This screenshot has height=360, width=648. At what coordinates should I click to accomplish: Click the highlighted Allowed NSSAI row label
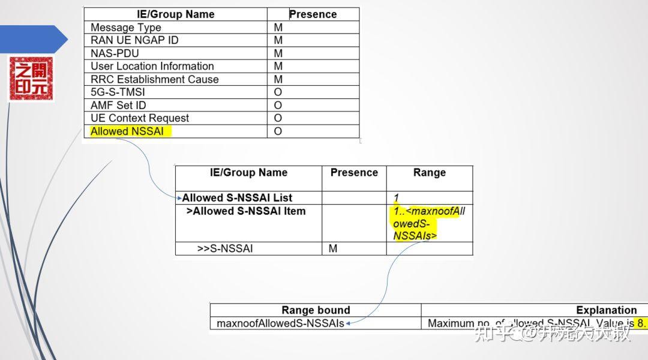(x=127, y=131)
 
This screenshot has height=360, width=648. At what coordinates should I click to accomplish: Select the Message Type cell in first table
(x=125, y=28)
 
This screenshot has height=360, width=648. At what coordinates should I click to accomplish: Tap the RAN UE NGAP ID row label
(x=134, y=40)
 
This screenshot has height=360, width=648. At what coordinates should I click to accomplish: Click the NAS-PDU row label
(x=115, y=53)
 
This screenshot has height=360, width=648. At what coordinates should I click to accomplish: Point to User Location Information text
(x=152, y=66)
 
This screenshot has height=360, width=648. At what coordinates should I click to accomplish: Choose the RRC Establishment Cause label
(x=154, y=79)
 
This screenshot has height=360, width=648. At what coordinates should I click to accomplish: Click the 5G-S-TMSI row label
(x=118, y=92)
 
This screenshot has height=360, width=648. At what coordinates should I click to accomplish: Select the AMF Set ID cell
(x=118, y=106)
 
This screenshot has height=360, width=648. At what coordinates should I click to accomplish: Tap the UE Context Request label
(x=139, y=118)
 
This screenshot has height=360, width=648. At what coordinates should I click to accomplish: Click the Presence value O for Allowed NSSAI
(x=278, y=131)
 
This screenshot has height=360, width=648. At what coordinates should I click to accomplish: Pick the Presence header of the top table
(x=313, y=14)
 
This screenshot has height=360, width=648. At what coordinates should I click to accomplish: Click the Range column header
(x=429, y=173)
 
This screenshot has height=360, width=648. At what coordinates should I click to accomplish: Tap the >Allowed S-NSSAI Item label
(x=245, y=211)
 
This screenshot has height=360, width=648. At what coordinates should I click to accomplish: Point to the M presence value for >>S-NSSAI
(x=333, y=248)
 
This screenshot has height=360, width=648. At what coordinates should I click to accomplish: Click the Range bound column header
(x=315, y=310)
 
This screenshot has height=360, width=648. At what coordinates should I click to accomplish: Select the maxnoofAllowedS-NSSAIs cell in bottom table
(x=280, y=323)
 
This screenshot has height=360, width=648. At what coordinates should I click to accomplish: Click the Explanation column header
(x=606, y=310)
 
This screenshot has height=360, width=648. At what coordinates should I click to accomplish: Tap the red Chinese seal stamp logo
(x=31, y=79)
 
